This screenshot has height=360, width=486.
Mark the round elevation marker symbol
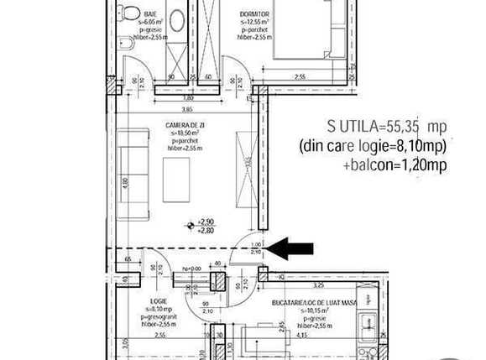tap(192, 225)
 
